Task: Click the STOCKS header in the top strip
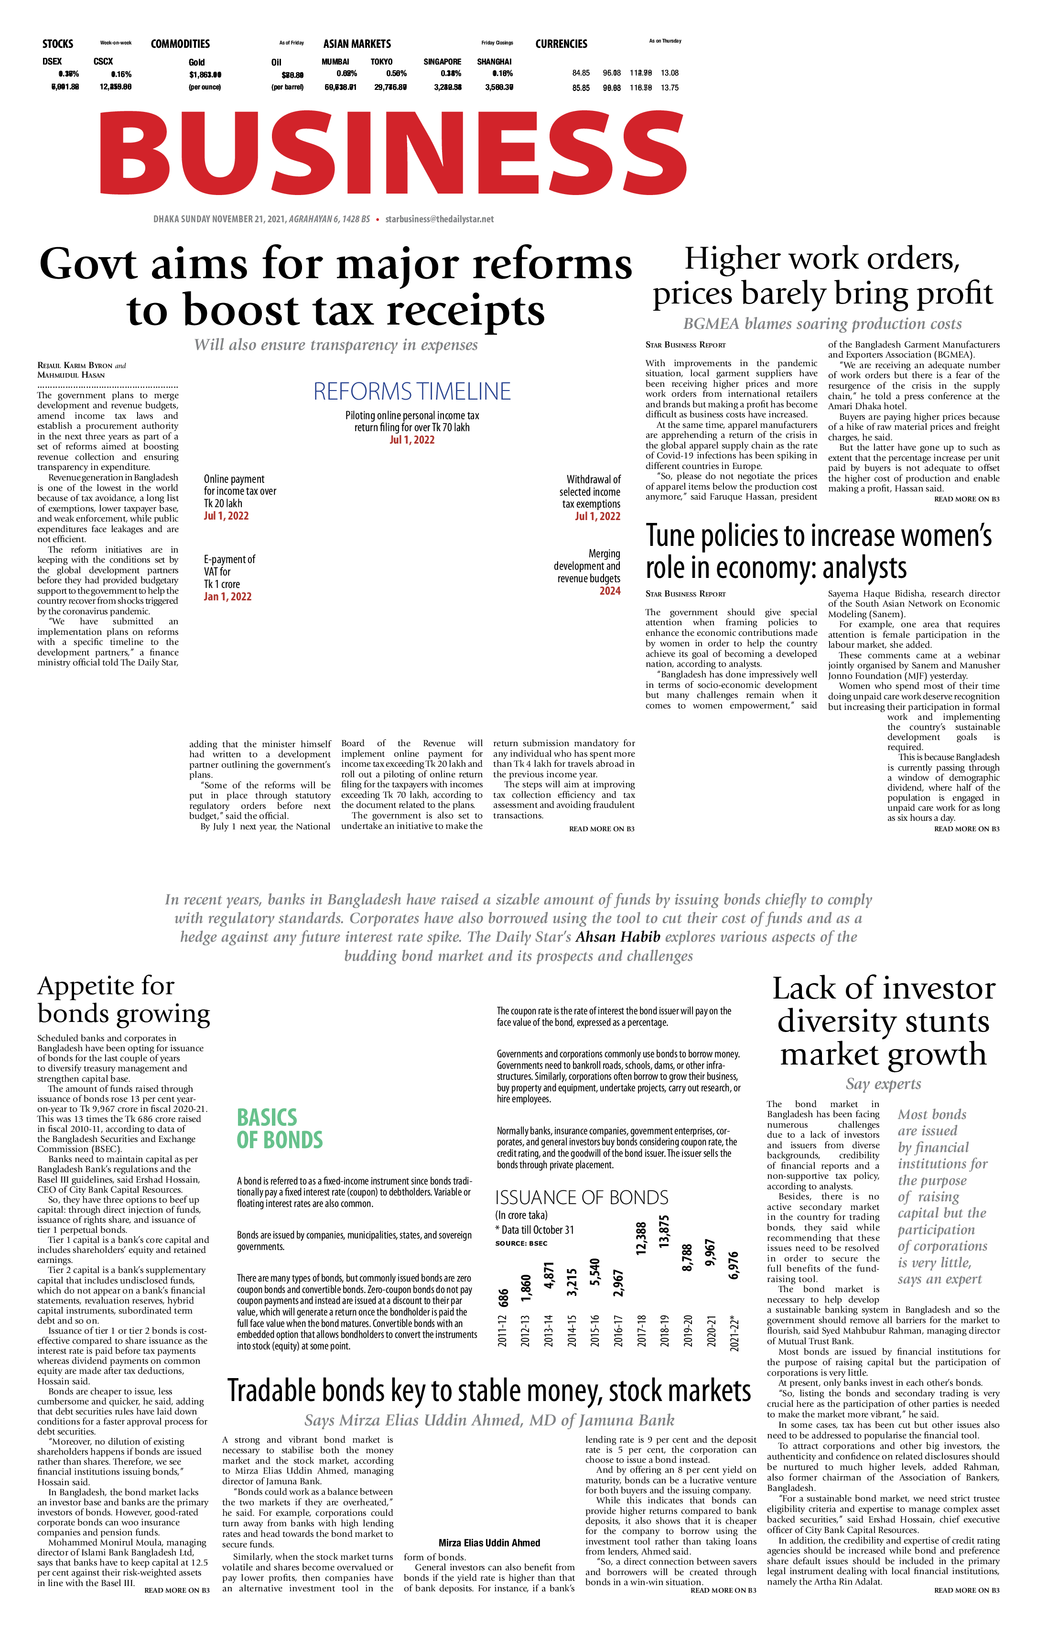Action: (57, 44)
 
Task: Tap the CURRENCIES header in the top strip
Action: (561, 44)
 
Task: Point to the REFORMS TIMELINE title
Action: (411, 391)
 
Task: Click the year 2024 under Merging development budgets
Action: (609, 591)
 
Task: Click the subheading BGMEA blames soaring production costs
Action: (822, 324)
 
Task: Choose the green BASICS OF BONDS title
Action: (280, 1129)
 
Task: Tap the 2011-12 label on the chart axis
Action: (502, 1331)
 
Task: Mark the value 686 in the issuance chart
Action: (504, 1298)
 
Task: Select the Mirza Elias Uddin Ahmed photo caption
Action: (489, 1543)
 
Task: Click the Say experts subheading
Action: (883, 1084)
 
